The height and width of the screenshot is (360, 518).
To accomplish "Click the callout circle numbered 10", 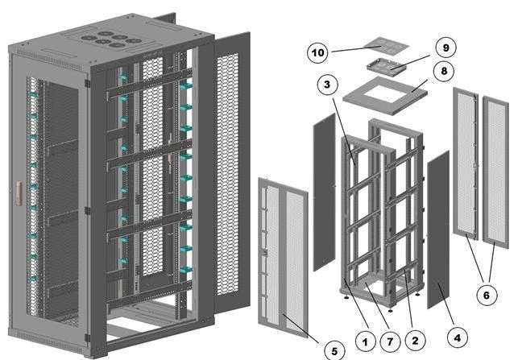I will tap(318, 53).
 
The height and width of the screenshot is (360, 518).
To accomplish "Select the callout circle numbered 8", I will tap(444, 72).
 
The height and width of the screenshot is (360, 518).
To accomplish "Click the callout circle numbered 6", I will tap(486, 296).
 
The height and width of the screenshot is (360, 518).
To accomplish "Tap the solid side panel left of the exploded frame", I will tap(323, 192).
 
